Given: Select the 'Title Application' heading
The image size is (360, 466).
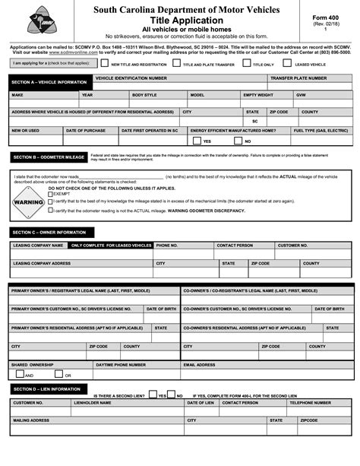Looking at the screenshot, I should (x=180, y=21).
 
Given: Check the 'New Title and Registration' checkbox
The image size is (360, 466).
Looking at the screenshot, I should (x=106, y=65).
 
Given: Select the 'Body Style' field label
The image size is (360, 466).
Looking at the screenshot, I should (x=144, y=95).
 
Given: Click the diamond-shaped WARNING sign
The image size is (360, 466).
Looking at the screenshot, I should (x=28, y=202).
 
